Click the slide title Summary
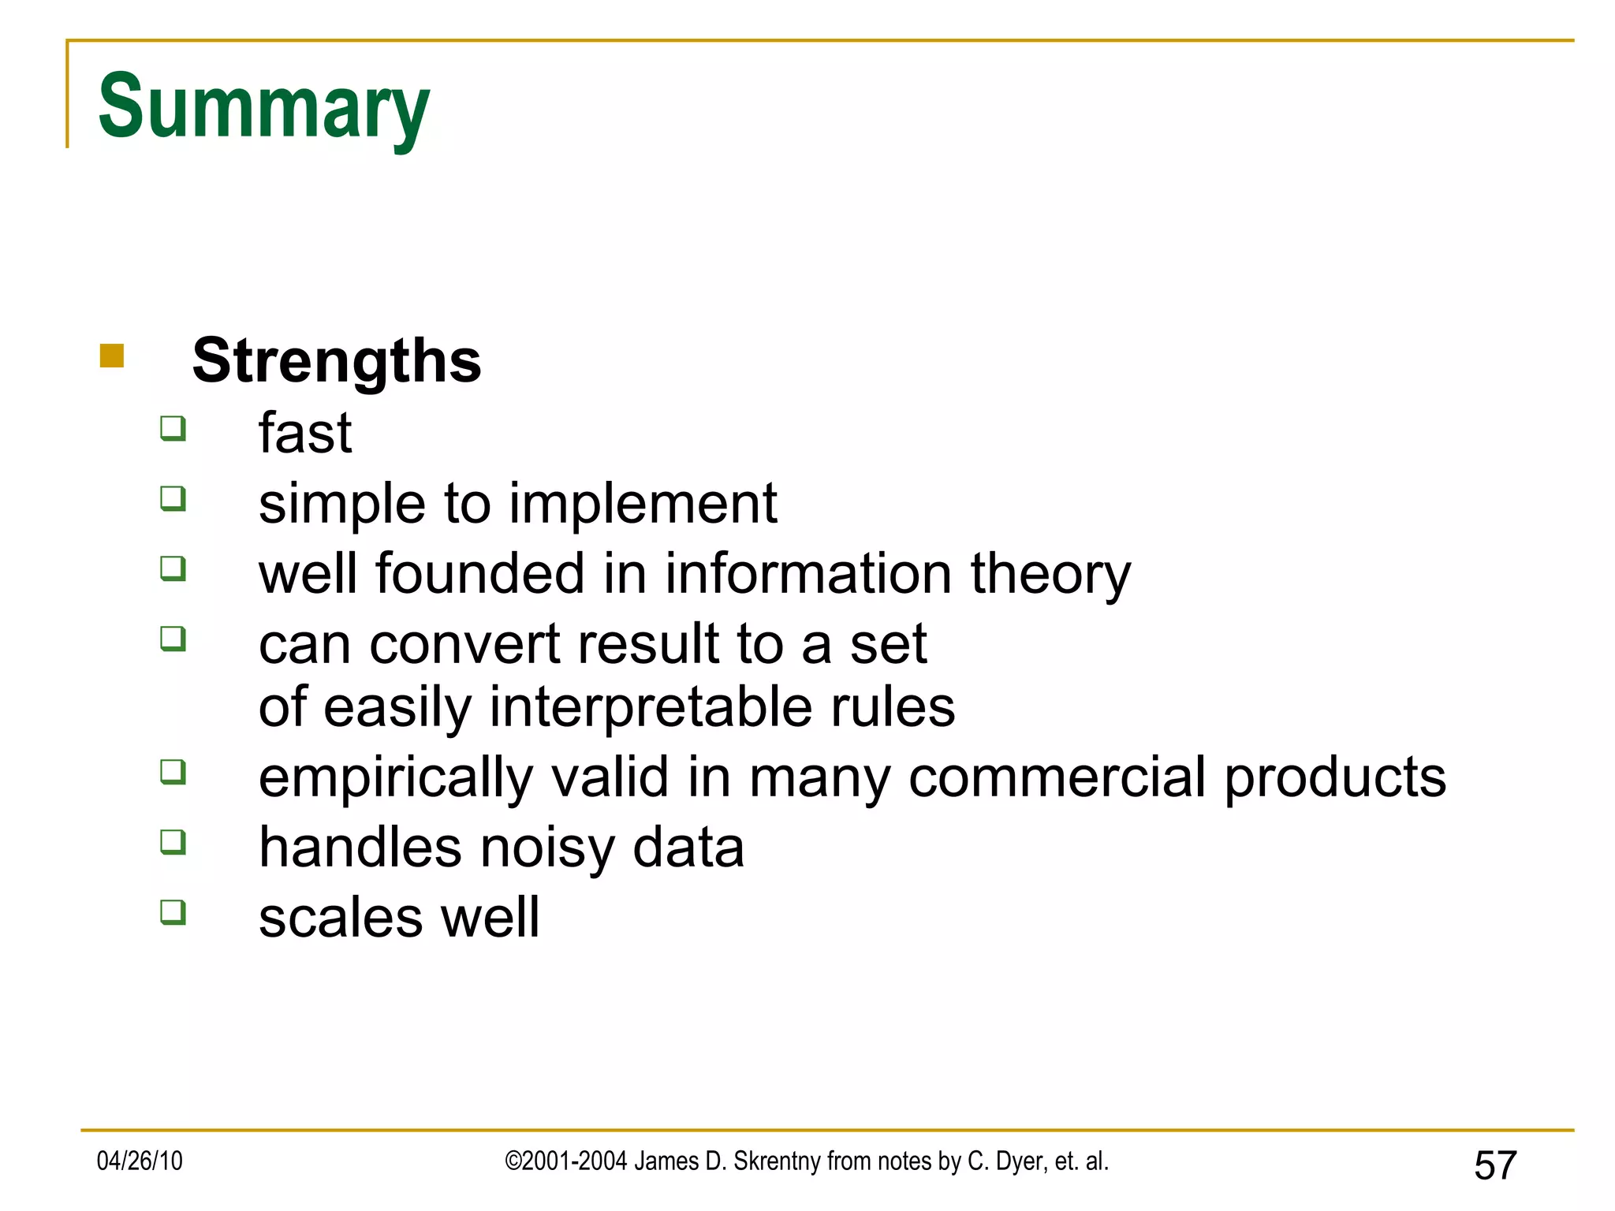[264, 106]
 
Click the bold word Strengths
[337, 361]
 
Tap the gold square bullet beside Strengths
[112, 356]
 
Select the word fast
[304, 433]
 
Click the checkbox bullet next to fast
[173, 428]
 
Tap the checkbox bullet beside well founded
[173, 568]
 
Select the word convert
[464, 644]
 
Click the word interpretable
[651, 707]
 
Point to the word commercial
[1057, 777]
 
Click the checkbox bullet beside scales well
[173, 912]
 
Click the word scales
[341, 918]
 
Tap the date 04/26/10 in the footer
[140, 1161]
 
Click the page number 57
[1495, 1165]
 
